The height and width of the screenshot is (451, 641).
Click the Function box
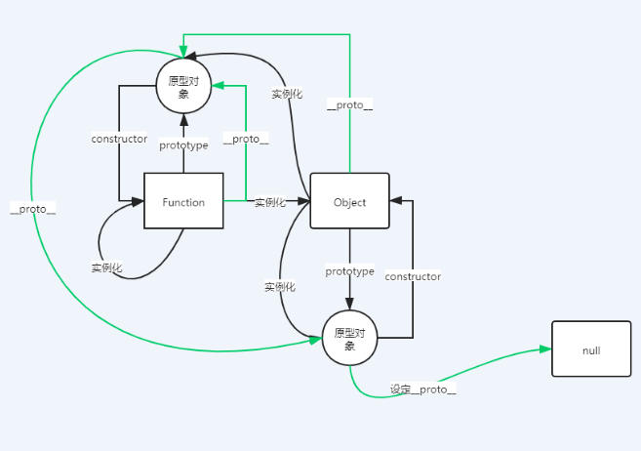coord(183,201)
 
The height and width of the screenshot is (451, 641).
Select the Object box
coord(349,201)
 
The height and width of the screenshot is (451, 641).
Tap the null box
coord(591,348)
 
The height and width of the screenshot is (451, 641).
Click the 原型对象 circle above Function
coord(183,86)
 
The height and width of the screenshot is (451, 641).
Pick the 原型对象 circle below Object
coord(349,339)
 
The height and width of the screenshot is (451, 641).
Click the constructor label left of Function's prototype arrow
coord(119,140)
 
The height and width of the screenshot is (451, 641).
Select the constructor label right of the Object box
coord(413,276)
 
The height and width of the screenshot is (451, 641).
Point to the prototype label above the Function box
coord(183,145)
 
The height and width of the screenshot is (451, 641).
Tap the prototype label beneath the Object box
coord(349,270)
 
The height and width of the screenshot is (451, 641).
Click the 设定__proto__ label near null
coord(423,389)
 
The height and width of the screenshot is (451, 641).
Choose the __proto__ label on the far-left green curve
coord(32,209)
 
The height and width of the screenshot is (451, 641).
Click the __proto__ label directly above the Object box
coord(349,103)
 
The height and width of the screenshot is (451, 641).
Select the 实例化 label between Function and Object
coord(269,202)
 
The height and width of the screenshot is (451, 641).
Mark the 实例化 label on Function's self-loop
coord(107,267)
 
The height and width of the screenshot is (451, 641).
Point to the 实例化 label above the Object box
coord(287,94)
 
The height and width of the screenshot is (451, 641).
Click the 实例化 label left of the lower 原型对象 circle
coord(279,287)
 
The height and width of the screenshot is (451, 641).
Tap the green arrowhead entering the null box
coord(546,348)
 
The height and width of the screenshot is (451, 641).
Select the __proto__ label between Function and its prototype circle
coord(246,140)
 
